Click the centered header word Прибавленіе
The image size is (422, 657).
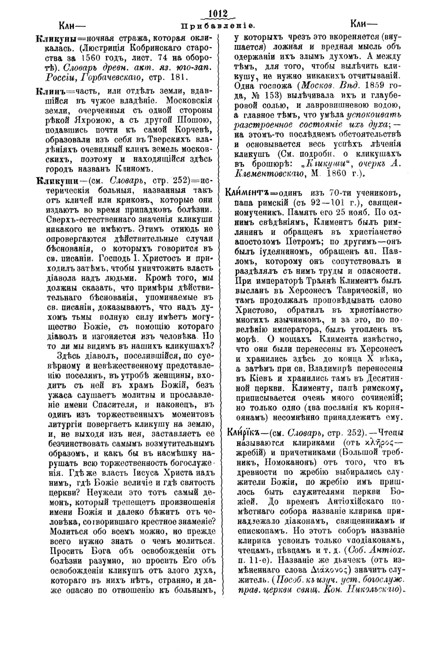pyautogui.click(x=217, y=26)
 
